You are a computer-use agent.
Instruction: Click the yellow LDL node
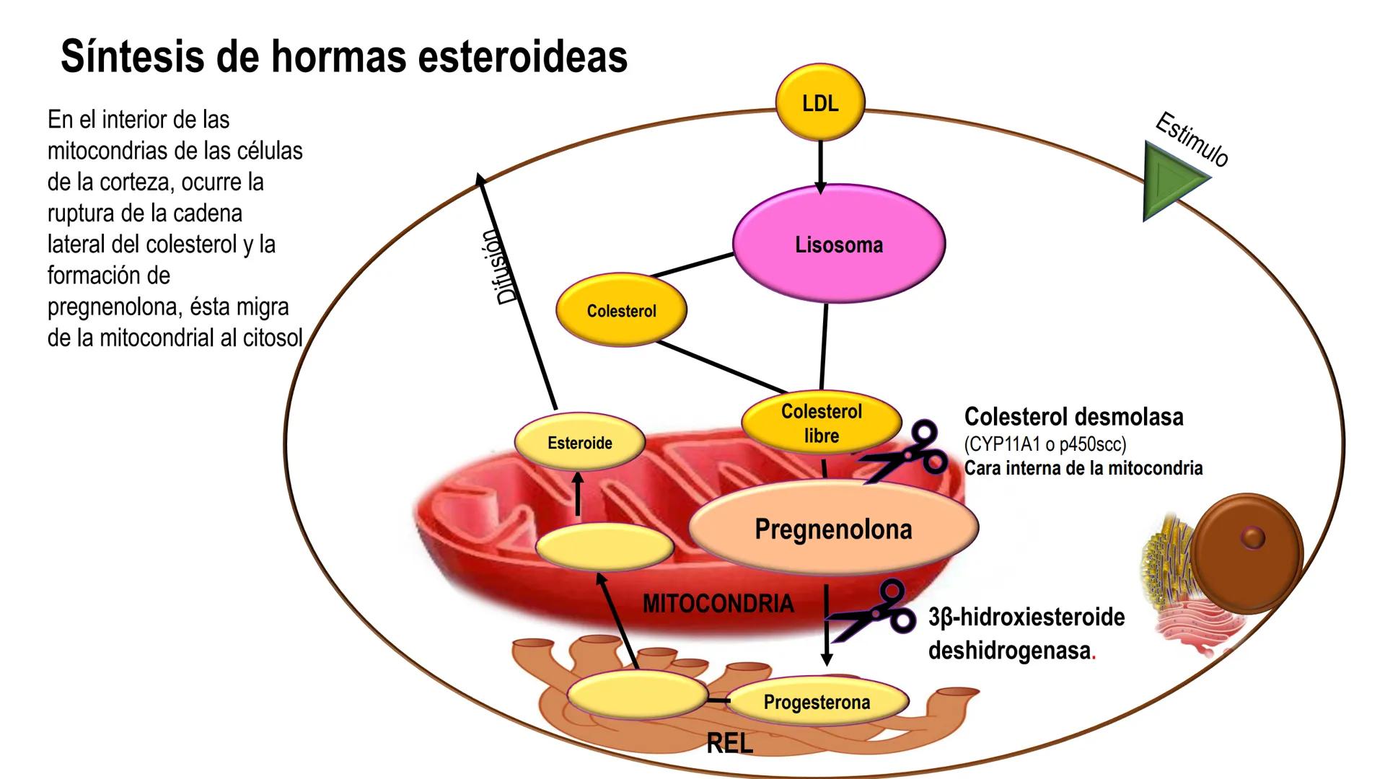[819, 102]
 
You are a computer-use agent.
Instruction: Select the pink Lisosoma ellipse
[838, 244]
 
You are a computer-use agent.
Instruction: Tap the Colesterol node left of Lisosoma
[621, 311]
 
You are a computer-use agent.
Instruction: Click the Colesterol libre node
[821, 423]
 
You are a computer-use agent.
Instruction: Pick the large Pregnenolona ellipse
[833, 529]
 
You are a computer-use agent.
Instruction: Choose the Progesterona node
[817, 702]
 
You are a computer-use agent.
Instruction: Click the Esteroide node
[579, 442]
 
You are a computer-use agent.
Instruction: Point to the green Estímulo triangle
[1170, 180]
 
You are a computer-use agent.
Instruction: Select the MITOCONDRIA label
[718, 603]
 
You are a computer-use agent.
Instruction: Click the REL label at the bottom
[729, 743]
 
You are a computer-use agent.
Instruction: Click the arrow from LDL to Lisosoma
[820, 166]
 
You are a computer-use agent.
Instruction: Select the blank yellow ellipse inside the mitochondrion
[604, 547]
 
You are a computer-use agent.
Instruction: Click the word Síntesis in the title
[131, 56]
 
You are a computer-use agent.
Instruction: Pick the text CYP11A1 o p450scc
[1045, 444]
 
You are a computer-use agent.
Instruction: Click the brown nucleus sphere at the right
[1246, 553]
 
